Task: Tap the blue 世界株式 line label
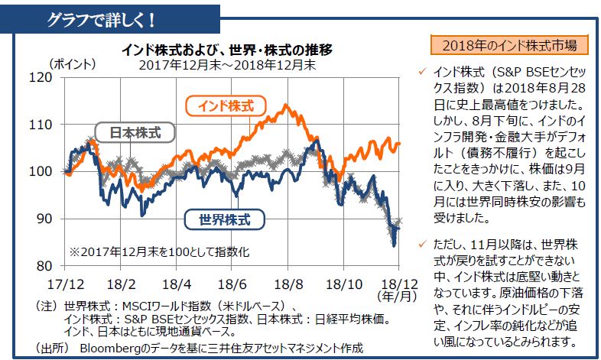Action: pyautogui.click(x=224, y=219)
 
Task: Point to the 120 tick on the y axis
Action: pyautogui.click(x=58, y=77)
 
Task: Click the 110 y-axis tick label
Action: pyautogui.click(x=58, y=125)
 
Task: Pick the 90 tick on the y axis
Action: pyautogui.click(x=60, y=219)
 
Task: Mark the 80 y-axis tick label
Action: pyautogui.click(x=60, y=265)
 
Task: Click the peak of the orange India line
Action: pyautogui.click(x=286, y=105)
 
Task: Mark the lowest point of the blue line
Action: pyautogui.click(x=394, y=245)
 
